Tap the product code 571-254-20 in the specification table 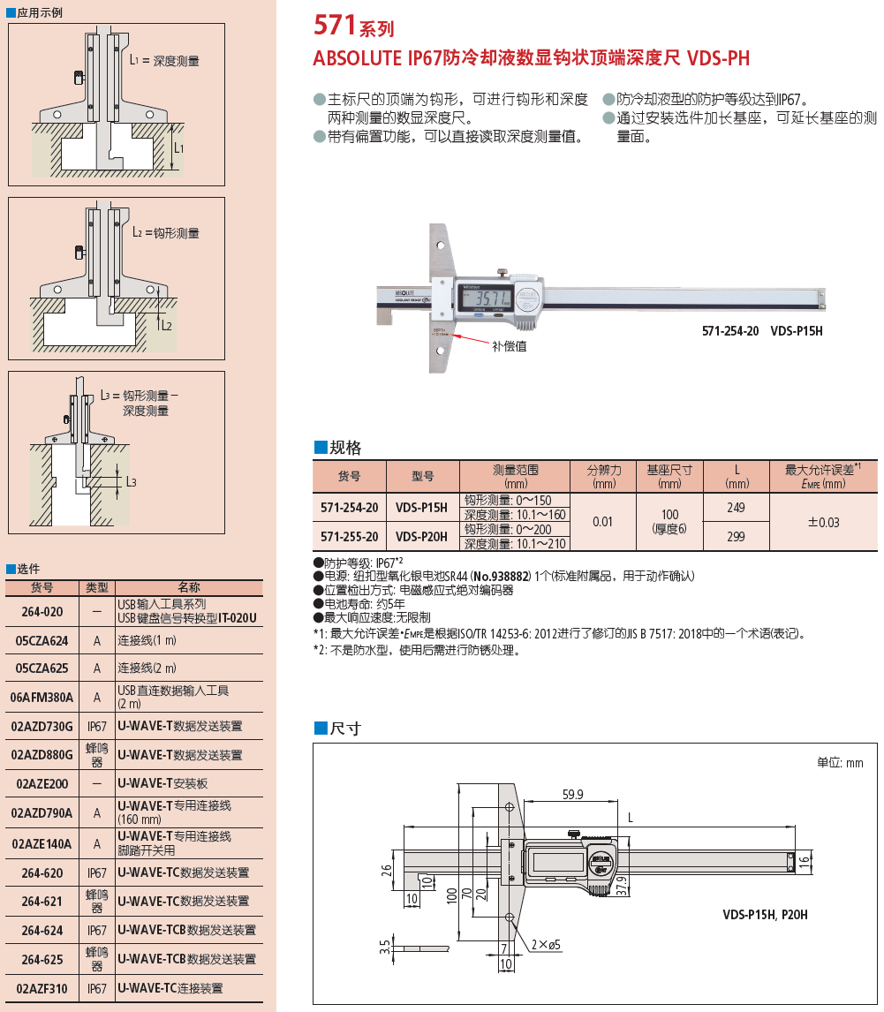click(x=349, y=508)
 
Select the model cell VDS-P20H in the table click(x=421, y=536)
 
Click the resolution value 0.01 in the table click(x=602, y=522)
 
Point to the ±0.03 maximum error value click(x=823, y=522)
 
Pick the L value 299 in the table click(x=735, y=536)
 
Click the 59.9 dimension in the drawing click(x=572, y=795)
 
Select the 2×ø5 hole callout click(x=546, y=945)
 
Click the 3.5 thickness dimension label click(x=384, y=948)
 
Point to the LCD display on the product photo click(x=485, y=298)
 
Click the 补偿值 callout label click(x=510, y=347)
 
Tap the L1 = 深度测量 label click(x=164, y=61)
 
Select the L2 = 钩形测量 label click(x=165, y=233)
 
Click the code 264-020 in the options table click(x=42, y=611)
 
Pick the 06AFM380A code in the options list click(x=42, y=697)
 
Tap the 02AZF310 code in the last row click(x=42, y=988)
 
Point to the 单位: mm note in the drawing click(x=840, y=762)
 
